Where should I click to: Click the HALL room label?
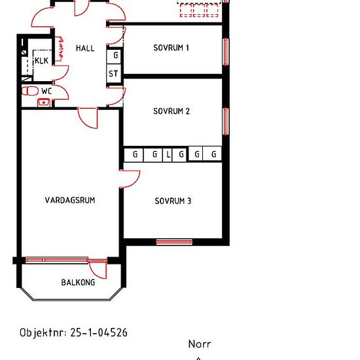[85, 48]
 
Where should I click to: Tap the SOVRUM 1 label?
[171, 48]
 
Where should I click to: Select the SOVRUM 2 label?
[171, 111]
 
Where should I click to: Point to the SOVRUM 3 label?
[173, 201]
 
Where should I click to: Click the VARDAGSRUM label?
[70, 200]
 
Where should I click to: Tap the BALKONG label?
[78, 282]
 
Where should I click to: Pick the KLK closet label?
[41, 61]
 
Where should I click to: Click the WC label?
[46, 91]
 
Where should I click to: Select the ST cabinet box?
[114, 73]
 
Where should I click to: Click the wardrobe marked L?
[168, 154]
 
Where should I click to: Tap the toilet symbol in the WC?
[30, 91]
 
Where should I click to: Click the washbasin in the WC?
[44, 102]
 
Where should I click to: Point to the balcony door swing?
[98, 269]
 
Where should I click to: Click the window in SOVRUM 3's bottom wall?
[174, 242]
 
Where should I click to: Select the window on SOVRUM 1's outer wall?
[226, 52]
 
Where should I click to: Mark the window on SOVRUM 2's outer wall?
[226, 121]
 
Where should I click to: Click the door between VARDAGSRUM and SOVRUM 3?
[130, 179]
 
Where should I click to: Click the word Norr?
[200, 344]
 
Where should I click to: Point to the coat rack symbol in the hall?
[60, 48]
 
